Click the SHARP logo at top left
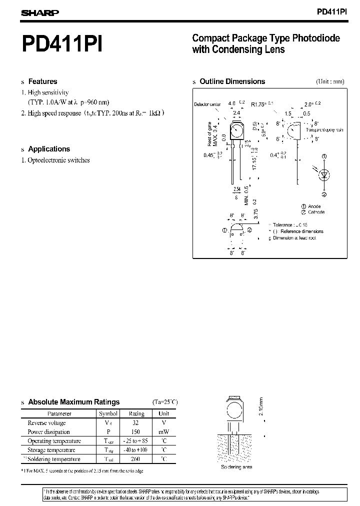[x=40, y=13]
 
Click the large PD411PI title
[x=62, y=43]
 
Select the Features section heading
[x=42, y=81]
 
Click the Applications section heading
[x=49, y=149]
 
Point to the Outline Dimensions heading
[x=232, y=81]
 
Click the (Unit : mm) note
[x=330, y=81]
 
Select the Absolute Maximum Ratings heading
[x=74, y=402]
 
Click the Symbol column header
[x=108, y=413]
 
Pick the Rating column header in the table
[x=136, y=413]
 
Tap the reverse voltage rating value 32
[x=136, y=423]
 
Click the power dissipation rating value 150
[x=136, y=432]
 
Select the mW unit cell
[x=164, y=432]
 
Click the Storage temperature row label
[x=54, y=450]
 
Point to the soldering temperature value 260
[x=136, y=459]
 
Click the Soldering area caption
[x=236, y=467]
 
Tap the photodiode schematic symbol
[x=324, y=175]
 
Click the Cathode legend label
[x=316, y=212]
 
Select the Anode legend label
[x=314, y=206]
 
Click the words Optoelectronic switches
[x=59, y=160]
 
